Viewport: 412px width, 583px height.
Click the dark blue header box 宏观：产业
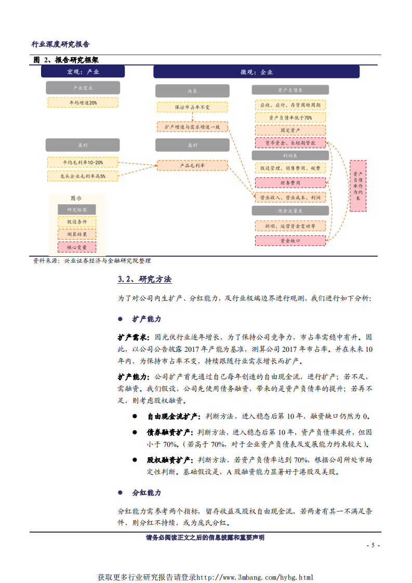pyautogui.click(x=83, y=72)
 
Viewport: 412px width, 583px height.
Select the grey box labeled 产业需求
pyautogui.click(x=83, y=88)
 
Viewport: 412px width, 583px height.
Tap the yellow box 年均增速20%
pyautogui.click(x=83, y=103)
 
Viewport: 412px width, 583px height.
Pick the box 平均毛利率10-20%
pyautogui.click(x=83, y=163)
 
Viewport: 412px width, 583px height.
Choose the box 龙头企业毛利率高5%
pyautogui.click(x=83, y=176)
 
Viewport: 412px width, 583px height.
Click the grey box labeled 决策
pyautogui.click(x=192, y=91)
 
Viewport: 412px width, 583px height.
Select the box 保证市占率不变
pyautogui.click(x=192, y=107)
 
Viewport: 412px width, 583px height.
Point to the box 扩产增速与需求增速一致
pyautogui.click(x=192, y=126)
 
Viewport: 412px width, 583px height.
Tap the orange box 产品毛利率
pyautogui.click(x=192, y=165)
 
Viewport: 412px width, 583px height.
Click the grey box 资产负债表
pyautogui.click(x=290, y=90)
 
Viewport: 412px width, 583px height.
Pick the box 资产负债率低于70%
pyautogui.click(x=290, y=117)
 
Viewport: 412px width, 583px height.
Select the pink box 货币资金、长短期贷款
pyautogui.click(x=290, y=142)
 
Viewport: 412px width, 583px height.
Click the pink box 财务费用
pyautogui.click(x=290, y=182)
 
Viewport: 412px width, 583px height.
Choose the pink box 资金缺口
pyautogui.click(x=290, y=240)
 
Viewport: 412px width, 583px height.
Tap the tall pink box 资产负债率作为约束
pyautogui.click(x=357, y=186)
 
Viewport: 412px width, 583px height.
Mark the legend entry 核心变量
pyautogui.click(x=76, y=247)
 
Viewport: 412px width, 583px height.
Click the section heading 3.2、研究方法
pyautogui.click(x=144, y=279)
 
